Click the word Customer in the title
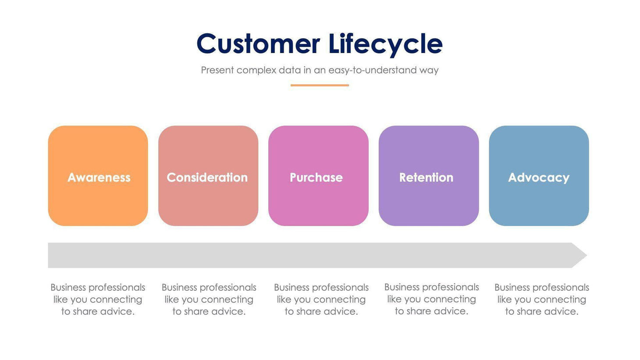point(258,44)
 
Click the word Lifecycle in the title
point(385,44)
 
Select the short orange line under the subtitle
point(320,85)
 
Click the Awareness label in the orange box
point(99,178)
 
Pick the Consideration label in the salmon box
point(207,178)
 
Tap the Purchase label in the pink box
point(316,178)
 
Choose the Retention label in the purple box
point(426,178)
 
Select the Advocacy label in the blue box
point(538,178)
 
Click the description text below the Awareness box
point(98,299)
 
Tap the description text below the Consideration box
point(209,299)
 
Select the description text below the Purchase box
point(321,299)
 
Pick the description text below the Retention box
point(431,299)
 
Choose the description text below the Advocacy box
point(541,299)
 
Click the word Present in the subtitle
point(217,70)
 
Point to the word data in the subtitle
point(290,70)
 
